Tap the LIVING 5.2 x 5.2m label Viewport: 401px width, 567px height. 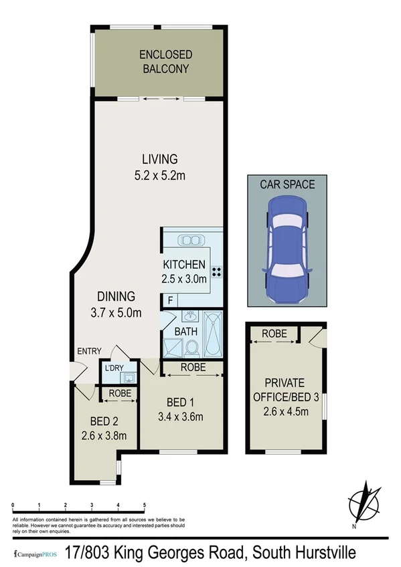click(x=159, y=165)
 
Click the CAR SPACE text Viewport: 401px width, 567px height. click(x=287, y=184)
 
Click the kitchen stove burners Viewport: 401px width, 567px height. click(x=218, y=271)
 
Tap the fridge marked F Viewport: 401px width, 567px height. click(x=170, y=302)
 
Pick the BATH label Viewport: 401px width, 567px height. click(x=185, y=331)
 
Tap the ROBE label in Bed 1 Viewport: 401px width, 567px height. click(x=193, y=367)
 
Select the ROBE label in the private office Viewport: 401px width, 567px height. click(x=274, y=333)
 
